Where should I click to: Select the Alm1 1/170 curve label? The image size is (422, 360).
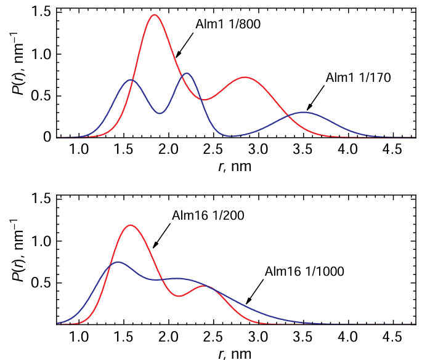click(x=358, y=78)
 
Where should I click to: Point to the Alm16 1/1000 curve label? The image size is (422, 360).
click(x=304, y=271)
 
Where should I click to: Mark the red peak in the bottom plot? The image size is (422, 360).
click(x=130, y=225)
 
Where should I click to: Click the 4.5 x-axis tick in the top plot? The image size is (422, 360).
click(x=393, y=150)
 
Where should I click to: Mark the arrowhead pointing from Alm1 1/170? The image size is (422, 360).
click(x=308, y=109)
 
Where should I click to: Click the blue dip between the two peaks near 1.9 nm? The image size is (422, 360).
click(x=160, y=113)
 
